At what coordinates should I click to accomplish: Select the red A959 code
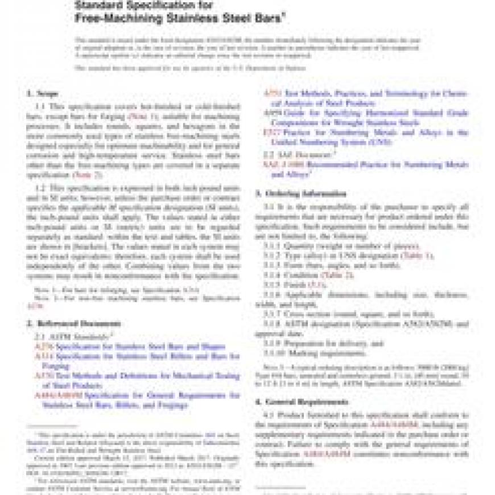click(x=270, y=113)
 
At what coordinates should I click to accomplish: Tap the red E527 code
click(x=270, y=133)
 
